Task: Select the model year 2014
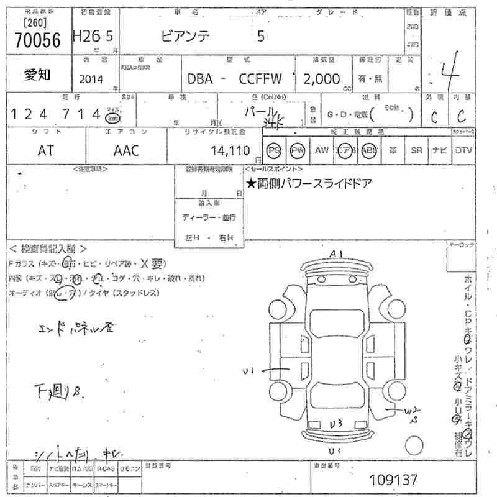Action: point(92,79)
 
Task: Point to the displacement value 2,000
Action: point(321,79)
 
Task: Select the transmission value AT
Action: point(45,150)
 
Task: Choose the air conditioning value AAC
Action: point(126,150)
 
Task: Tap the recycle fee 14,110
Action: point(230,150)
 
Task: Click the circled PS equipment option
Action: point(273,150)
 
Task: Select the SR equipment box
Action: point(416,150)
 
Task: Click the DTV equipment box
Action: point(463,150)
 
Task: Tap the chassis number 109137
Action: point(393,480)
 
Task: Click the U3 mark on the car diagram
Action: point(336,424)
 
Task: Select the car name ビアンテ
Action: point(186,37)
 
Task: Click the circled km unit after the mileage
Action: point(112,117)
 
